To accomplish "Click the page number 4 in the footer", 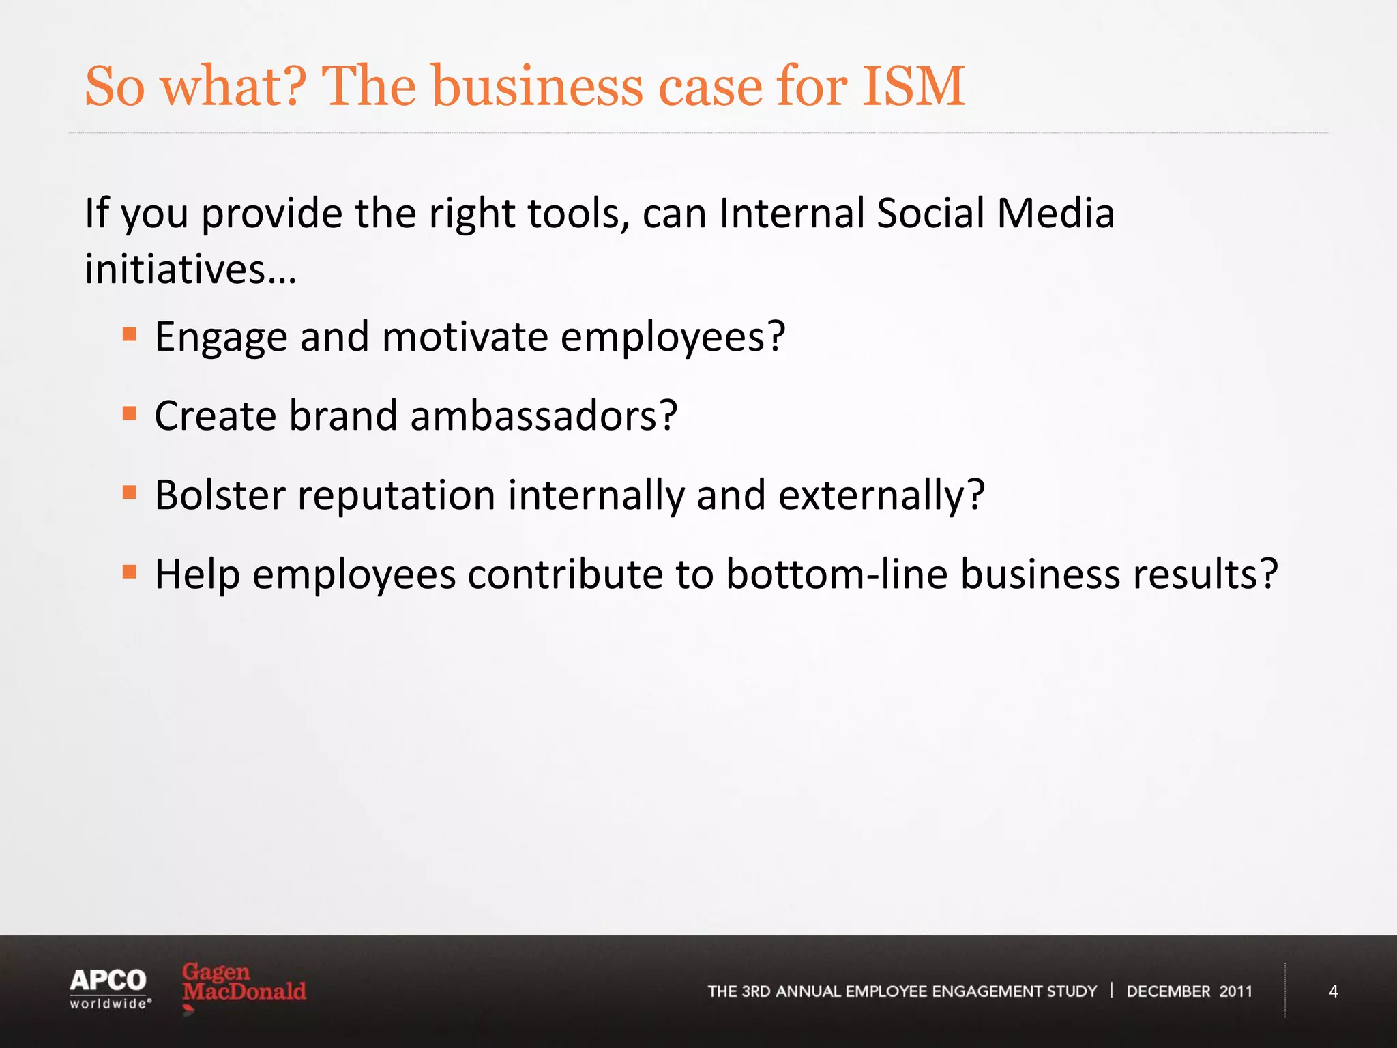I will pyautogui.click(x=1333, y=991).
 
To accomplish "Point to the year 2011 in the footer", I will pyautogui.click(x=1235, y=991).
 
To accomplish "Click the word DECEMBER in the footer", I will pyautogui.click(x=1168, y=991).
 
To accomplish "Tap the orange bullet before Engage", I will pyautogui.click(x=130, y=334).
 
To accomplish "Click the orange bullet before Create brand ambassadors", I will pyautogui.click(x=130, y=413).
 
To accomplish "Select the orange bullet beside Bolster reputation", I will pyautogui.click(x=130, y=493).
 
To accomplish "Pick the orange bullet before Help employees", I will pyautogui.click(x=130, y=572).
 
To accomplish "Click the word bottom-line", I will pyautogui.click(x=836, y=574).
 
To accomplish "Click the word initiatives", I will pyautogui.click(x=175, y=269).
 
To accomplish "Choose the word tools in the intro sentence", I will pyautogui.click(x=576, y=213).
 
